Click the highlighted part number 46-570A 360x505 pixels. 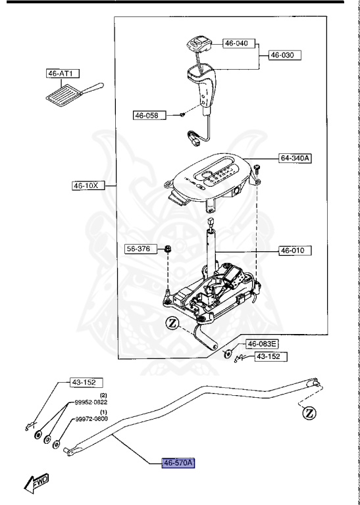pos(178,463)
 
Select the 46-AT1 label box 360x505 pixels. pos(59,74)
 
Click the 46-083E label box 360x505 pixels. pos(263,344)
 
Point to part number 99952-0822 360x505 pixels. pos(91,402)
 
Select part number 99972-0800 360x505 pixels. pos(91,420)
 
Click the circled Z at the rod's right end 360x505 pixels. pos(309,413)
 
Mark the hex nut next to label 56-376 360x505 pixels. pos(168,249)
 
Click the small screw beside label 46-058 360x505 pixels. pos(182,115)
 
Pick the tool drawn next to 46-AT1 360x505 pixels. pos(72,94)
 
